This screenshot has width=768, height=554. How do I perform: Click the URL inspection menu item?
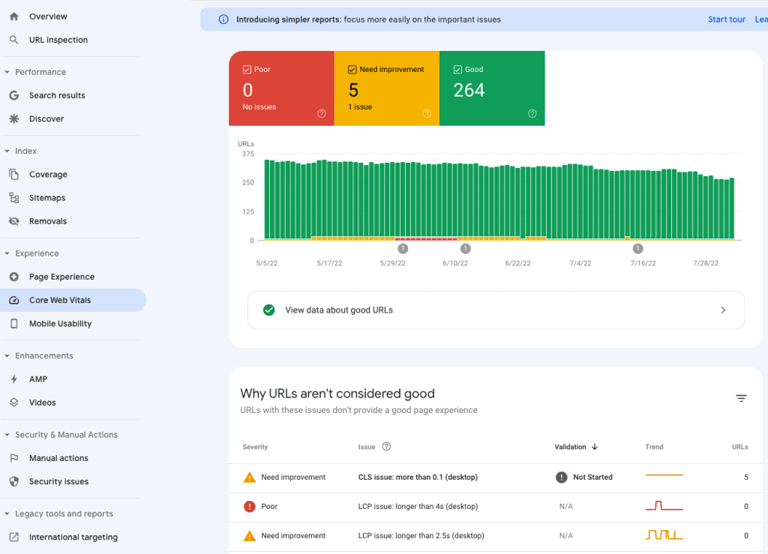[58, 40]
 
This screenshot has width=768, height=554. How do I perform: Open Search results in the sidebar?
[57, 95]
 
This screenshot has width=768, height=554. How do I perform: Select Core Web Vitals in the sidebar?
[59, 300]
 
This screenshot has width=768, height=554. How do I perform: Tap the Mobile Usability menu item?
[60, 324]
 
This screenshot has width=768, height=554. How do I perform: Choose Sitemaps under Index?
[47, 198]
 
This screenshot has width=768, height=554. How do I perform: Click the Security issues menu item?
[58, 481]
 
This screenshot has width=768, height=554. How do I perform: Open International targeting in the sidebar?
[73, 537]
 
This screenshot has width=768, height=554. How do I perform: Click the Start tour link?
[727, 19]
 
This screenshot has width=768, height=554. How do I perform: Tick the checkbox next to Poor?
[247, 70]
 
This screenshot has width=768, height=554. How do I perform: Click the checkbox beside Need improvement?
[352, 70]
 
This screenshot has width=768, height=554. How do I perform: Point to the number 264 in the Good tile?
[469, 91]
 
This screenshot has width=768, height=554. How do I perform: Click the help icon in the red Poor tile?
[322, 114]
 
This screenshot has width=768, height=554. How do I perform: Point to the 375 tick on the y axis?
[247, 154]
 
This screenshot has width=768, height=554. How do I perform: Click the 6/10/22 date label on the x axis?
[454, 263]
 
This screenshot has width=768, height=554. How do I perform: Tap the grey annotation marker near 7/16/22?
[637, 249]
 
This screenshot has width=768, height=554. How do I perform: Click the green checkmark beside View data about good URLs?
[268, 310]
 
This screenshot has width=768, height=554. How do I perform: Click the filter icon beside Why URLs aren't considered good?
[741, 398]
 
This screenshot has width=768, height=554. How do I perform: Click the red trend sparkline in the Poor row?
[664, 506]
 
